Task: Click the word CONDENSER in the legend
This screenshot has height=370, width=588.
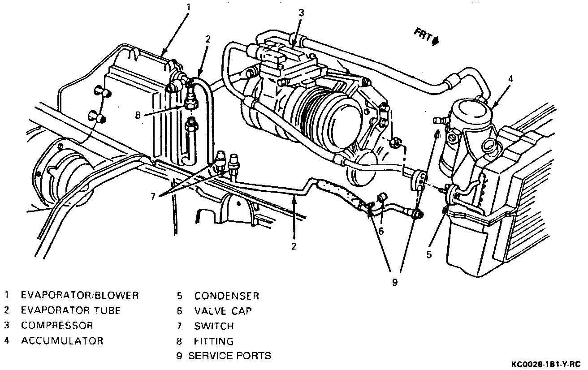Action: (x=226, y=296)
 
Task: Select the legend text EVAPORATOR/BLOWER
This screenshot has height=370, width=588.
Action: (x=80, y=295)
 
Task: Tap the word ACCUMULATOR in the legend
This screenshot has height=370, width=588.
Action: (x=62, y=341)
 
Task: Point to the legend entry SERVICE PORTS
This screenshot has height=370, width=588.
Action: (x=229, y=356)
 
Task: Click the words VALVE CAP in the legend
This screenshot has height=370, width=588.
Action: (x=223, y=311)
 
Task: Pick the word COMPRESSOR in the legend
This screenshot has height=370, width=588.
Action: (x=57, y=326)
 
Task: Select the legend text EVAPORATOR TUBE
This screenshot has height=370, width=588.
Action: (x=71, y=310)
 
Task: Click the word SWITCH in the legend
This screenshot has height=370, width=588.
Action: (x=214, y=326)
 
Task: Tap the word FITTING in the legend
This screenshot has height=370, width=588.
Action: (x=214, y=341)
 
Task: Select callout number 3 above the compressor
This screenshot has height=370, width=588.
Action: (x=301, y=13)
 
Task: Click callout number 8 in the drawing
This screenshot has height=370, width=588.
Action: (x=138, y=115)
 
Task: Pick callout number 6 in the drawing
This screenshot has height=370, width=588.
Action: (x=381, y=231)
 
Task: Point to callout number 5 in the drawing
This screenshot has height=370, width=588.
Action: (x=429, y=254)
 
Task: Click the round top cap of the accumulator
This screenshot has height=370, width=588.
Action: (x=470, y=109)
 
